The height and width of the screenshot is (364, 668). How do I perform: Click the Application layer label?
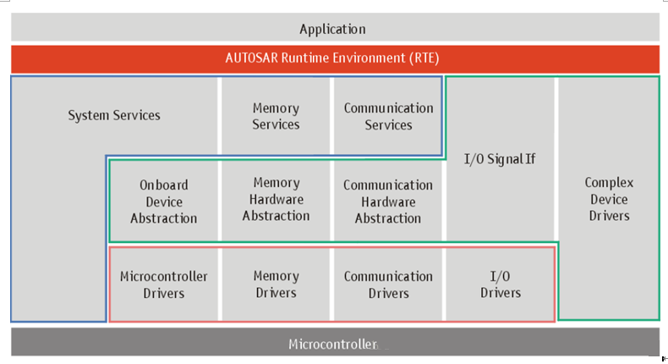coord(332,29)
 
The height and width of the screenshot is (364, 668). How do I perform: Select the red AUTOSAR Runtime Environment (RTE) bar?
coord(336,59)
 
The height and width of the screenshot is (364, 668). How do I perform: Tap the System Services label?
coord(114,115)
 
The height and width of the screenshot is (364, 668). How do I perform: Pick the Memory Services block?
coord(276,116)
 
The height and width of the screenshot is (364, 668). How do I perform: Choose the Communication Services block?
coord(387,116)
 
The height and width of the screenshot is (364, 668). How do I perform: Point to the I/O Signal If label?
coord(500,159)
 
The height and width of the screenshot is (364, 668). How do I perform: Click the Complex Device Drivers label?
coord(609,199)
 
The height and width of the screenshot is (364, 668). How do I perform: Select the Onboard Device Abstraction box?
coord(164,201)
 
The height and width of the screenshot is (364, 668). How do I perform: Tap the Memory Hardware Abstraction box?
coord(276,201)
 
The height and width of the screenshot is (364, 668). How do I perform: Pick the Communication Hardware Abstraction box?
coord(387,201)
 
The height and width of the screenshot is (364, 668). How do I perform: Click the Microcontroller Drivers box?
coord(164,284)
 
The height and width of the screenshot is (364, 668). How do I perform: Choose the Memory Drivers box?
coord(276,284)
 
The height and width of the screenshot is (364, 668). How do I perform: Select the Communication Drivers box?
coord(387,284)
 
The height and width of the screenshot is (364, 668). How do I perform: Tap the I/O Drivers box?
coord(500,284)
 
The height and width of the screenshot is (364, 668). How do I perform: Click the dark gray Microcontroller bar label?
coord(332,344)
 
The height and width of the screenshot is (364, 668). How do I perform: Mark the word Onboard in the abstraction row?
coord(164,185)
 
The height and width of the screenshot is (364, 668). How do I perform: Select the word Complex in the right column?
coord(609,183)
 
